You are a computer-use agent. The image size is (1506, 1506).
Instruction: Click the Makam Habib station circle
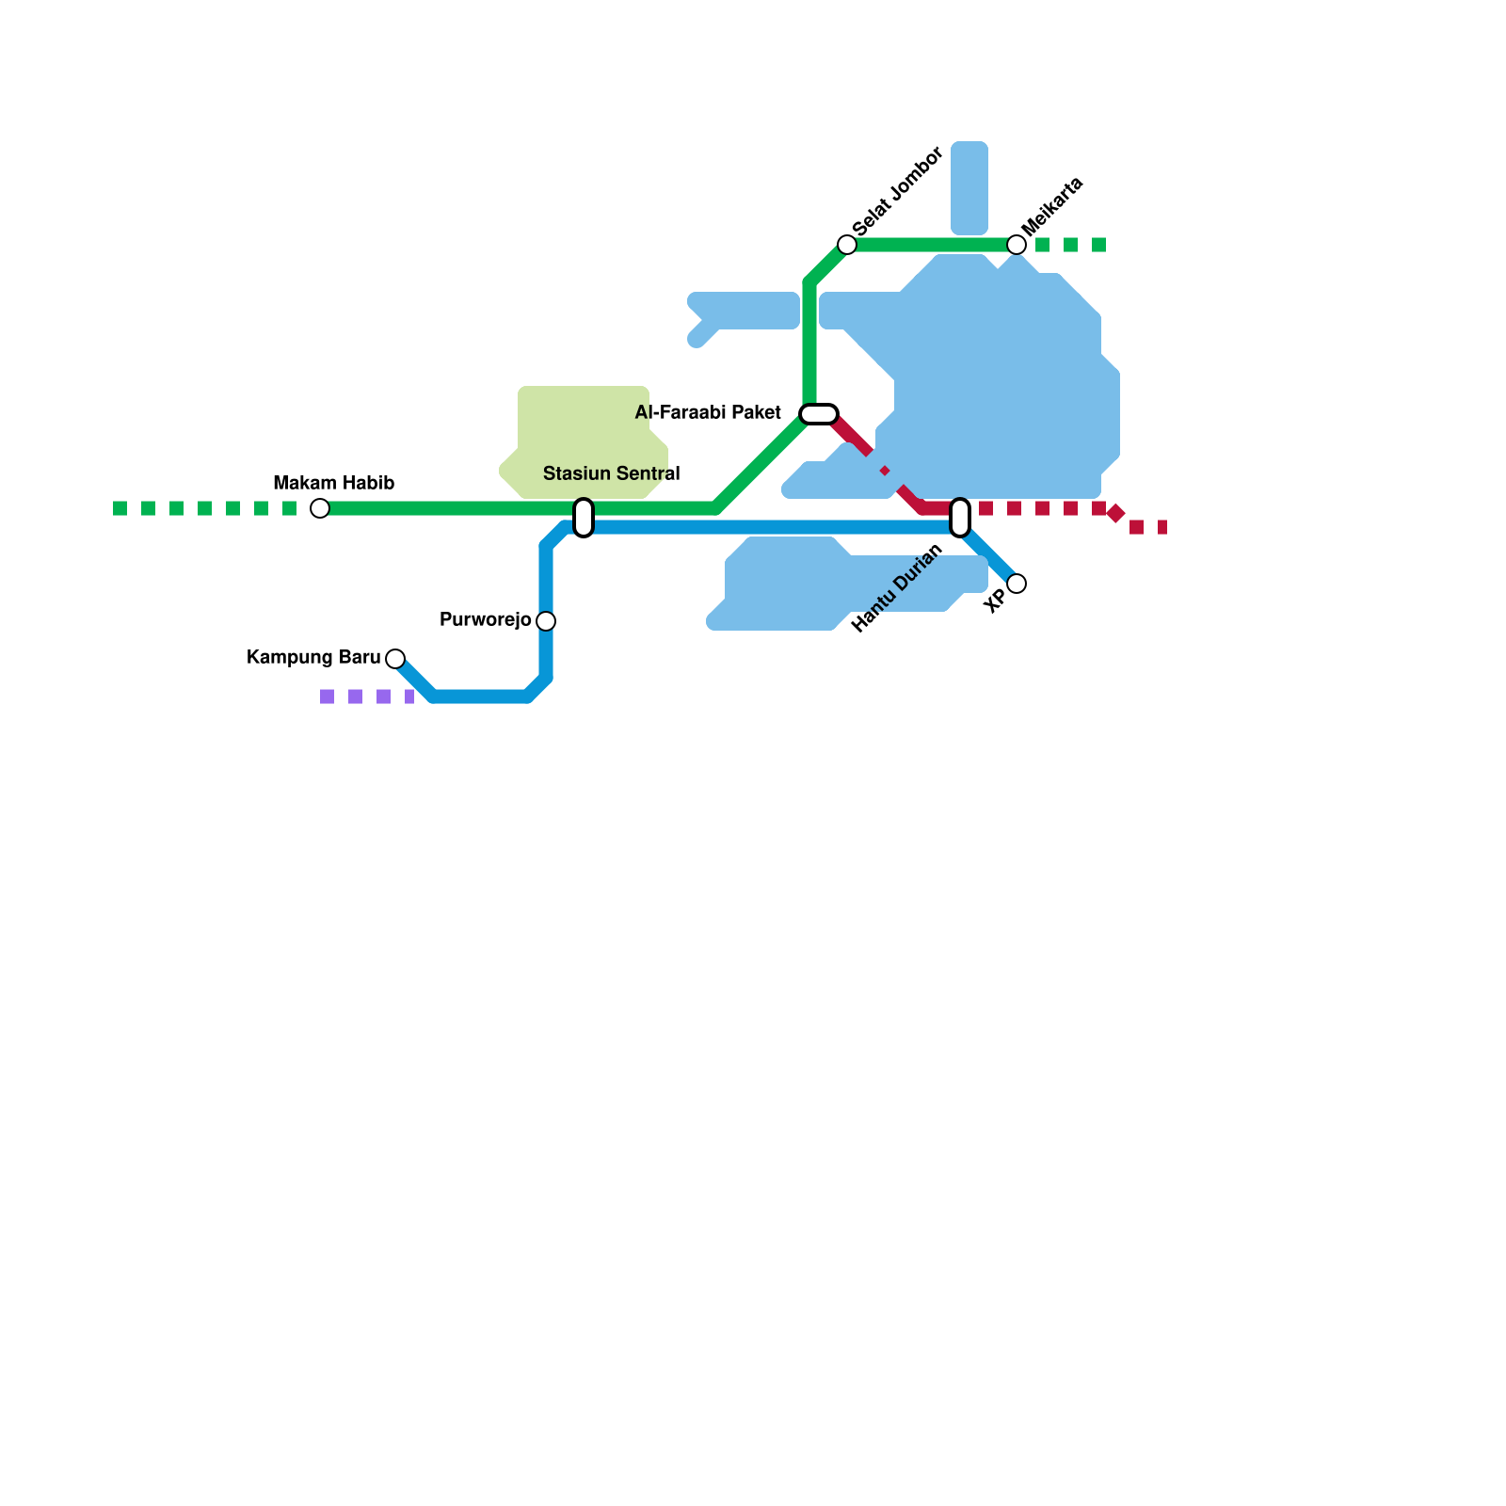click(x=320, y=508)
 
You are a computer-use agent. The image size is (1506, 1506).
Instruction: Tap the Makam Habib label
click(x=333, y=484)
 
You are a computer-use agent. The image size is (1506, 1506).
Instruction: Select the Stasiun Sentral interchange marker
click(x=584, y=518)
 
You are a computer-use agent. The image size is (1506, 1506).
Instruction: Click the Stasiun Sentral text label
click(x=611, y=473)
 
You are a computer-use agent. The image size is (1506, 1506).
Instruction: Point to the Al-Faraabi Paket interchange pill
click(x=819, y=414)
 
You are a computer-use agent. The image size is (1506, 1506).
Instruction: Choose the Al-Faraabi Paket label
click(x=708, y=413)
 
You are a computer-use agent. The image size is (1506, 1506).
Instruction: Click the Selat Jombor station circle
click(x=847, y=245)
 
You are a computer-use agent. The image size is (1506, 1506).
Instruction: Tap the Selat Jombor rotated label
click(x=897, y=192)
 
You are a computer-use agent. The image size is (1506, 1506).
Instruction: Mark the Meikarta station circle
click(x=1017, y=245)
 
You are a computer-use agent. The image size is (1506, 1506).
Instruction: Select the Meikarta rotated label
click(x=1052, y=206)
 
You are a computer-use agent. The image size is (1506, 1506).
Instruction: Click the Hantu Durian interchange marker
click(x=960, y=518)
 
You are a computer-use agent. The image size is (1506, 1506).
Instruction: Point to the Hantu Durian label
click(x=896, y=589)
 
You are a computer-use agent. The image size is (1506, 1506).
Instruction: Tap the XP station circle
click(x=1017, y=584)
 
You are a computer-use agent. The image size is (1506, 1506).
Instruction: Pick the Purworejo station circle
click(x=546, y=621)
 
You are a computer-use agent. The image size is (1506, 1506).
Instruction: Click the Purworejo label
click(x=485, y=620)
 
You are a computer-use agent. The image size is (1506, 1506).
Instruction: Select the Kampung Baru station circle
click(x=395, y=659)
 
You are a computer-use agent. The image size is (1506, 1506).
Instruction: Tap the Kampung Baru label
click(x=313, y=658)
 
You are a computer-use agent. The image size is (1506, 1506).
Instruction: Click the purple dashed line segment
click(x=367, y=697)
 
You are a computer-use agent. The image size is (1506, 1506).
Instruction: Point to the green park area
click(x=584, y=433)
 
